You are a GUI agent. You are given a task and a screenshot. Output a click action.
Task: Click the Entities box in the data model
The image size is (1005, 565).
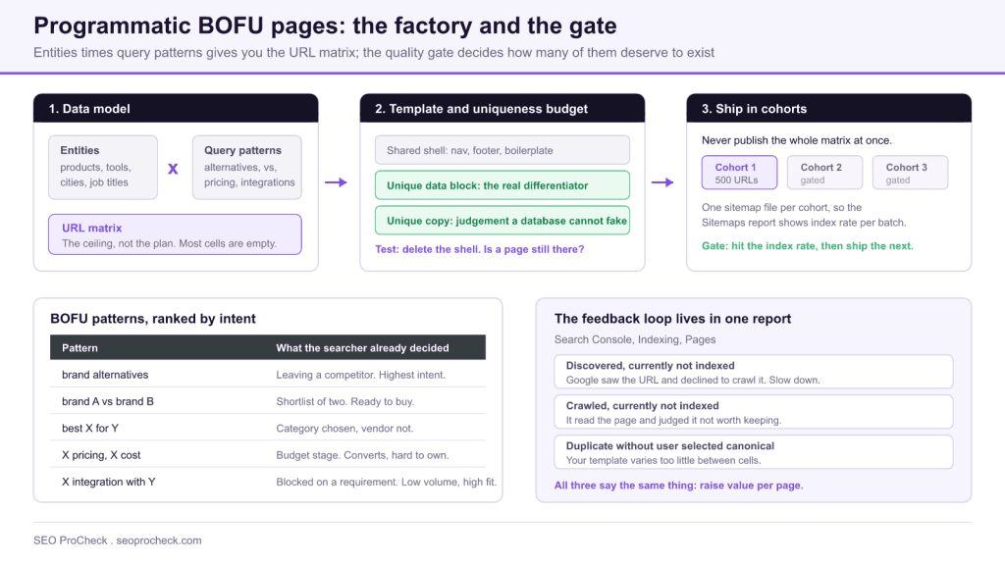pyautogui.click(x=102, y=167)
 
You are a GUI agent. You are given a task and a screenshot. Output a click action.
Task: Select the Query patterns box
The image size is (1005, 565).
pyautogui.click(x=246, y=167)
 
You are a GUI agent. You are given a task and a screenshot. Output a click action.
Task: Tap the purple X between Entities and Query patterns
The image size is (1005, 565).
pyautogui.click(x=173, y=169)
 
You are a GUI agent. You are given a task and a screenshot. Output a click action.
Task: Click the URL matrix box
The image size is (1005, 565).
pyautogui.click(x=175, y=234)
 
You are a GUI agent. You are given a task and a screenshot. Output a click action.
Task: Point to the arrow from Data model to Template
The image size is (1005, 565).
pyautogui.click(x=336, y=182)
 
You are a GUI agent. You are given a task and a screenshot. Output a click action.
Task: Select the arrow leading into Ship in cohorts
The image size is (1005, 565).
pyautogui.click(x=662, y=182)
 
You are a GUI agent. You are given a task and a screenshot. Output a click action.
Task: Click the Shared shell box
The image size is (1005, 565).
pyautogui.click(x=502, y=150)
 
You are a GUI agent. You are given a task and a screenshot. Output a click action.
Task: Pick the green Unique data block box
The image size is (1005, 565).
pyautogui.click(x=502, y=185)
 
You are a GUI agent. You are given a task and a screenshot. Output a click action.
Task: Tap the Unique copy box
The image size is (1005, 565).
pyautogui.click(x=502, y=221)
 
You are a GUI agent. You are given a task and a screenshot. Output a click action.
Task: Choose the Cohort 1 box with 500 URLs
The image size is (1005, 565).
pyautogui.click(x=739, y=173)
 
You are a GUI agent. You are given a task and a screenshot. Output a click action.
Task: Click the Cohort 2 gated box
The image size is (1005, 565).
pyautogui.click(x=824, y=173)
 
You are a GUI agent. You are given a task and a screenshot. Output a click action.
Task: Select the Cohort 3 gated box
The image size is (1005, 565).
pyautogui.click(x=910, y=173)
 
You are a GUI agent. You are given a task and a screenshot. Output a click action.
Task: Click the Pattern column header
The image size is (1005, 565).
pyautogui.click(x=80, y=348)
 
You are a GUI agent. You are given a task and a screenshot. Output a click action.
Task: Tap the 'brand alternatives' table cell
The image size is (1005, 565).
pyautogui.click(x=105, y=375)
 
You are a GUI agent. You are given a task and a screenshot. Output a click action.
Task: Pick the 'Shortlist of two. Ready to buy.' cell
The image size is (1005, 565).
pyautogui.click(x=344, y=401)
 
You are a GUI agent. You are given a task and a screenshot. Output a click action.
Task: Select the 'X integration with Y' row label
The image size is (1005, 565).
pyautogui.click(x=108, y=482)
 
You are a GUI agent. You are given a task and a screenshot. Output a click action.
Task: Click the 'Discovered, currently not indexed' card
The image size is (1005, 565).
pyautogui.click(x=754, y=372)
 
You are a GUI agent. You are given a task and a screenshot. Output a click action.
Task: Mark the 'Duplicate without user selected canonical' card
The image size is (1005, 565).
pyautogui.click(x=754, y=452)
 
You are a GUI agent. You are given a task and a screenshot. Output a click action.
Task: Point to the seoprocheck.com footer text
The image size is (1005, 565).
pyautogui.click(x=159, y=540)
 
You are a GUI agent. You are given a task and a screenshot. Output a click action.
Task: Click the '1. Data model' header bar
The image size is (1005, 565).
pyautogui.click(x=176, y=108)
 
